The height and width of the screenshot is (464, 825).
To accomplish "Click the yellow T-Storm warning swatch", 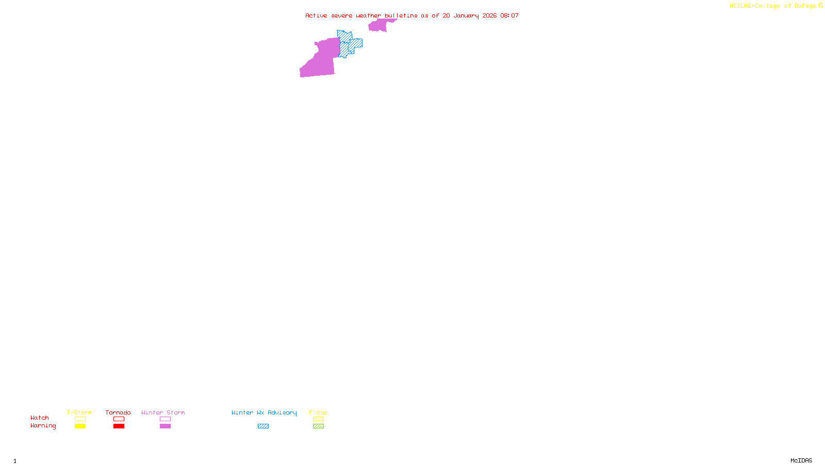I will pyautogui.click(x=80, y=426).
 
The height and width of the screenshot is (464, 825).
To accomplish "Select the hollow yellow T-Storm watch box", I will pyautogui.click(x=80, y=419).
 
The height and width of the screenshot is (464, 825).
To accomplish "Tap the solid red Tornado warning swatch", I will pyautogui.click(x=119, y=426).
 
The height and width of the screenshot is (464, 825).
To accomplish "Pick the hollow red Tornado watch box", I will pyautogui.click(x=119, y=419).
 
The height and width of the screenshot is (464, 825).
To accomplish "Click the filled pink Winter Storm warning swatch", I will pyautogui.click(x=165, y=426).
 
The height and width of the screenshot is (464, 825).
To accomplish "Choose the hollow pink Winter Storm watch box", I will pyautogui.click(x=165, y=419).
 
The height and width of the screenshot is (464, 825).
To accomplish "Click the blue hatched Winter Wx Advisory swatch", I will pyautogui.click(x=263, y=426).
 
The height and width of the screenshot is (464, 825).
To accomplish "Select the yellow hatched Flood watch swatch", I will pyautogui.click(x=318, y=419).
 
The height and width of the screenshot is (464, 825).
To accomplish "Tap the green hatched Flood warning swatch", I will pyautogui.click(x=318, y=426).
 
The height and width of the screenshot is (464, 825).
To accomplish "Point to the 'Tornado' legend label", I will pyautogui.click(x=118, y=412).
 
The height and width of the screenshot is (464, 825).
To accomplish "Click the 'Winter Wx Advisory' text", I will pyautogui.click(x=264, y=412).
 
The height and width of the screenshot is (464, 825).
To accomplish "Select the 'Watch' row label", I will pyautogui.click(x=40, y=418).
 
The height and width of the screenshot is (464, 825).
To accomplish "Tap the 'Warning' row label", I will pyautogui.click(x=43, y=426).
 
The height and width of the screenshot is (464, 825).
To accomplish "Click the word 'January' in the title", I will pyautogui.click(x=466, y=15).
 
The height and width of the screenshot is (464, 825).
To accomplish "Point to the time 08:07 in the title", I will pyautogui.click(x=509, y=15).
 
